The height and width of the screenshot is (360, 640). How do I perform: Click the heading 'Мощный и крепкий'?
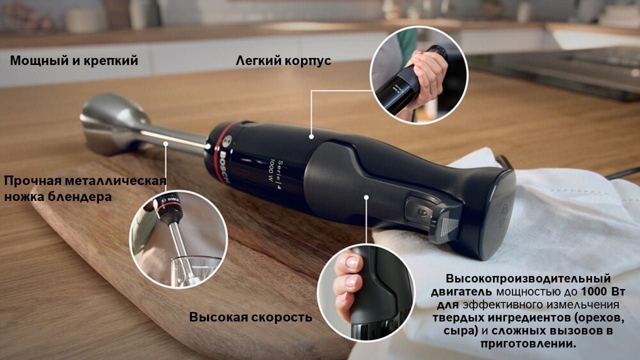tap(74, 61)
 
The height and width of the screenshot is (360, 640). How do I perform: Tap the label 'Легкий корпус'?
tap(283, 61)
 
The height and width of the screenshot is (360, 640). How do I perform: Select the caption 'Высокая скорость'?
tap(250, 317)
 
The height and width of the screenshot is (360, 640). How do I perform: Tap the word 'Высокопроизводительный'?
tap(528, 278)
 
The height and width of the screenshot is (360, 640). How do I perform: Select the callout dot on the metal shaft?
tap(165, 143)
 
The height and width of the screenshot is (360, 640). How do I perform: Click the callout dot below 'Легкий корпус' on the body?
tap(311, 137)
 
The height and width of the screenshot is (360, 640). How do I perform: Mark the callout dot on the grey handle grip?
tap(366, 197)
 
